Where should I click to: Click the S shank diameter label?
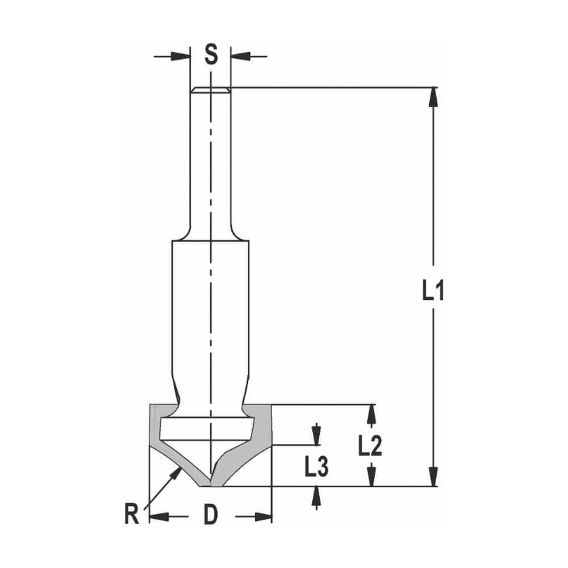211,55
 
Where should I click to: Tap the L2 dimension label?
370,446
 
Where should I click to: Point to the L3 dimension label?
316,467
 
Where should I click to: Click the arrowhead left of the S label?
181,56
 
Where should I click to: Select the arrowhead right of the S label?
239,56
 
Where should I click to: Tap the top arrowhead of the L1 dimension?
433,96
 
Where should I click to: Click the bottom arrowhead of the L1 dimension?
433,478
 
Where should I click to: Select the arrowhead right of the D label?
263,516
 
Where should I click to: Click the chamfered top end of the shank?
211,90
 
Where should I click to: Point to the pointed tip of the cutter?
211,485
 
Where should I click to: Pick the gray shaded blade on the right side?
258,440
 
